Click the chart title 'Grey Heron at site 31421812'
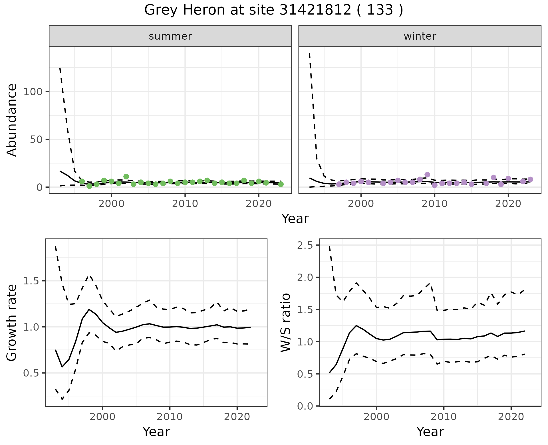[273, 10]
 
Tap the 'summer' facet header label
[170, 36]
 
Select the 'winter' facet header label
[420, 36]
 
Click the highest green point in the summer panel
[126, 177]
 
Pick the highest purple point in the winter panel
[427, 175]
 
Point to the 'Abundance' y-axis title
[12, 120]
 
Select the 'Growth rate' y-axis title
[12, 323]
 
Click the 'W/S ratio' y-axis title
[286, 323]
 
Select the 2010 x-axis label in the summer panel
[185, 204]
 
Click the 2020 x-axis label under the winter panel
[508, 204]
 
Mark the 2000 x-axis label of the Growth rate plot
[102, 417]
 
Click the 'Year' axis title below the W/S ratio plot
[430, 432]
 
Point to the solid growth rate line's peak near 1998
[89, 309]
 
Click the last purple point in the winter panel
[530, 179]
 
